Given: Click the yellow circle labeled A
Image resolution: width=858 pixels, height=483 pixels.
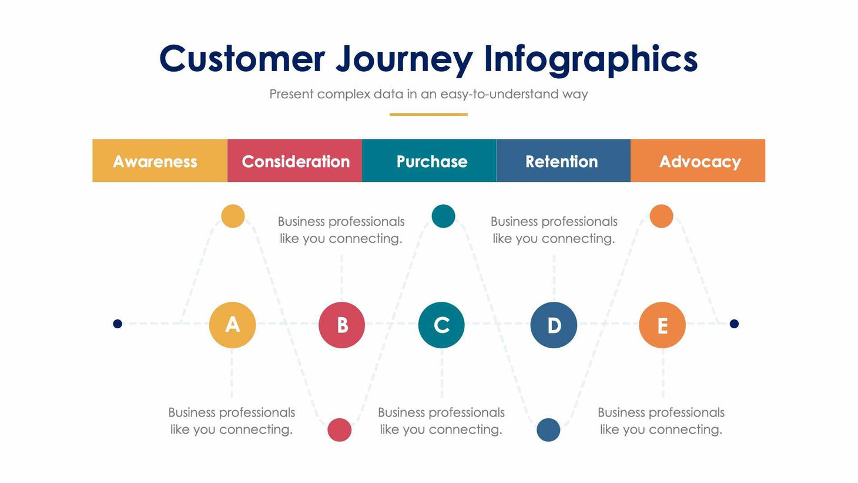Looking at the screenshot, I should [x=232, y=325].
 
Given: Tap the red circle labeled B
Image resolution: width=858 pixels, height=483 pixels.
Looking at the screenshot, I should [x=341, y=325].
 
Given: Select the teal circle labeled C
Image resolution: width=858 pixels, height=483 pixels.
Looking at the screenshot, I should [x=441, y=325].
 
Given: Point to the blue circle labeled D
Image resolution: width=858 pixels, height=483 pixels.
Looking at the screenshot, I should [x=554, y=325].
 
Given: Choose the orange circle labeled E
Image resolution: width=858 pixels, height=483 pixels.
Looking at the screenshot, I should [x=662, y=325].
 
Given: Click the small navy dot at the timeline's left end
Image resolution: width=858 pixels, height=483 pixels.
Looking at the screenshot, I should [x=118, y=324].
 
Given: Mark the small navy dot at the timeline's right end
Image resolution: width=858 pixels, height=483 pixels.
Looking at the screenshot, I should [x=734, y=324].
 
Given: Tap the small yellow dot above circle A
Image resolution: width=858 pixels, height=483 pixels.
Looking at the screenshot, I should [x=233, y=216].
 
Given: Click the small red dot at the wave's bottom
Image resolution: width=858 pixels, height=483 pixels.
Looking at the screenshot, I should [x=339, y=429].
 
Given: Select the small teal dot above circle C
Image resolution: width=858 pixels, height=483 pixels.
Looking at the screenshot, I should [x=443, y=216].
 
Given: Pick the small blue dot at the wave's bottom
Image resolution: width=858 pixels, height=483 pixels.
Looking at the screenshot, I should [x=548, y=429].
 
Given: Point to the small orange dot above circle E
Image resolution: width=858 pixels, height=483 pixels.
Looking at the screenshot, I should [x=661, y=216].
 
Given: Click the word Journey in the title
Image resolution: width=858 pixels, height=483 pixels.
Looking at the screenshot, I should [x=404, y=59].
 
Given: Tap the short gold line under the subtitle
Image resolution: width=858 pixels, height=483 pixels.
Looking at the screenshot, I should [x=428, y=114].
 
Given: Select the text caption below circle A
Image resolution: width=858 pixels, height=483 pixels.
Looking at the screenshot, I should [x=232, y=421].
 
